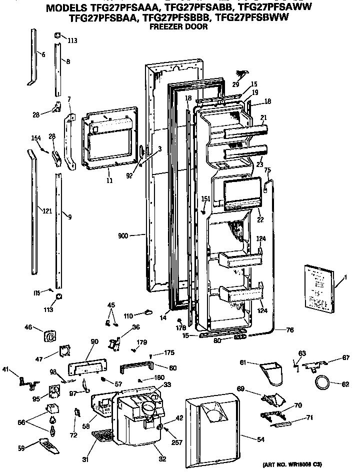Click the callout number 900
click(x=125, y=234)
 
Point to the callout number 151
click(x=205, y=199)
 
